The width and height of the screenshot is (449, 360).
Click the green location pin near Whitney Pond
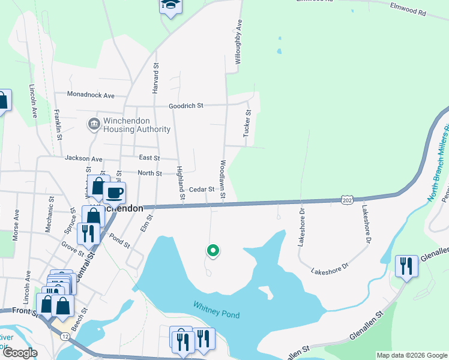(x=212, y=251)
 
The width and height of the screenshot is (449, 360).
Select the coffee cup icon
(x=114, y=193)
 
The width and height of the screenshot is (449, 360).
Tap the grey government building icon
(x=94, y=125)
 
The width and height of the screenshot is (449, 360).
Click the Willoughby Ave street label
(x=238, y=43)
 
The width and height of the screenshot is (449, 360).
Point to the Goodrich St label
(x=186, y=106)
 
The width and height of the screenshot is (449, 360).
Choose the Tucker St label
(x=246, y=123)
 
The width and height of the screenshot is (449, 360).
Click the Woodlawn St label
(x=222, y=179)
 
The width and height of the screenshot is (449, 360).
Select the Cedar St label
(x=202, y=190)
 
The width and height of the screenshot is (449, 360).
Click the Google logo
(x=19, y=353)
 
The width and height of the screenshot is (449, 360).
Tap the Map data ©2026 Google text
(x=411, y=355)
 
